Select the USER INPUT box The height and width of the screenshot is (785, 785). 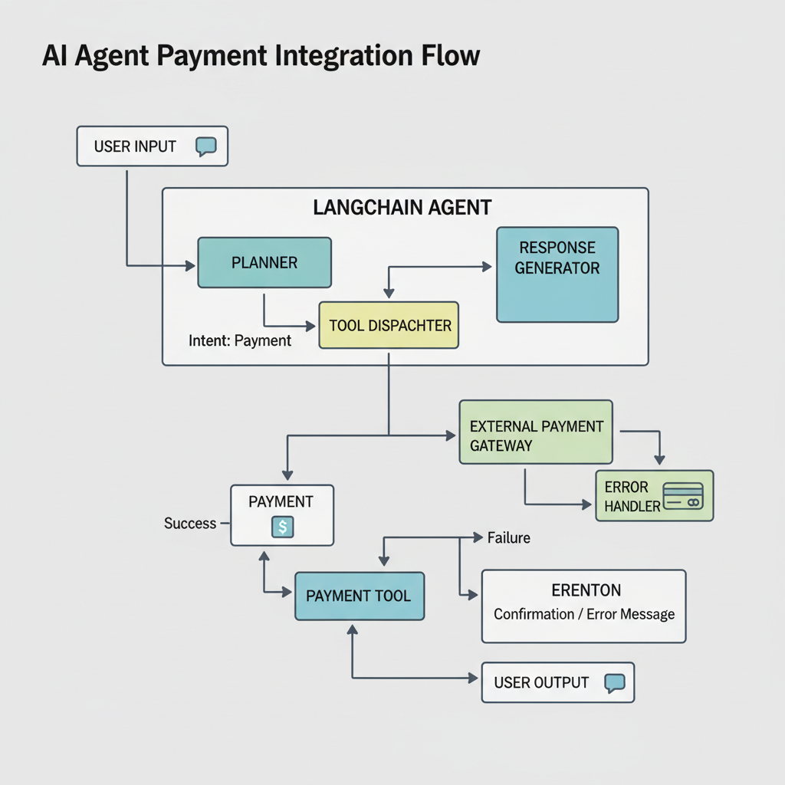coord(152,146)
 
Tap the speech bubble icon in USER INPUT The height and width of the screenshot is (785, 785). coord(206,146)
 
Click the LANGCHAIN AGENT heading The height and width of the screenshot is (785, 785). coord(402,208)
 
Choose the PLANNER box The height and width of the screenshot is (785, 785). coord(264,263)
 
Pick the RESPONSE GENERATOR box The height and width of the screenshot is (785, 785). coord(557,274)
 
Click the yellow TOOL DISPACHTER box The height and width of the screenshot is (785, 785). coord(389,325)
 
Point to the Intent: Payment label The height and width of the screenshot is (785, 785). coord(240,340)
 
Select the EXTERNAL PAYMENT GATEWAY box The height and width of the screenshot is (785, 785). coord(536,432)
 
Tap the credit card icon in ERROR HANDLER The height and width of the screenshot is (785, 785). coord(682,495)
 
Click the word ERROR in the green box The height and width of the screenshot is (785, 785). coord(626,487)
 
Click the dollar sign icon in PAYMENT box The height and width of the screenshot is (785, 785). coord(282,527)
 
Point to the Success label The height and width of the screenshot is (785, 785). coord(190,524)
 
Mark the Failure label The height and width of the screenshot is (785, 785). coord(508,538)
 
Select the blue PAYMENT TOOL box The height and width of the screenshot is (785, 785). coord(359,596)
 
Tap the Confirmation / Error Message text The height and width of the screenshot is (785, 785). coord(584,614)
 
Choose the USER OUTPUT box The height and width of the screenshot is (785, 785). coord(557,682)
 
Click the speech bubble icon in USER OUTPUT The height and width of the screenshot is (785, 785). coord(615,682)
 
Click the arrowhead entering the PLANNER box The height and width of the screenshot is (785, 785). coord(192,266)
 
